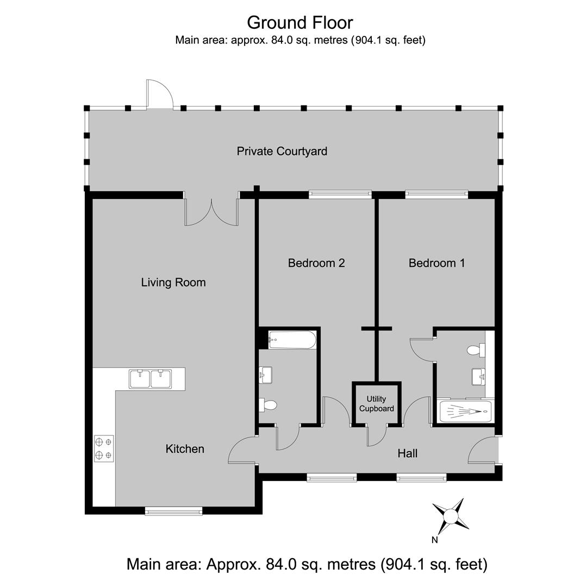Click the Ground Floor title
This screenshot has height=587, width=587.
point(299,22)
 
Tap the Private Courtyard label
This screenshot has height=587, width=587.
point(282,151)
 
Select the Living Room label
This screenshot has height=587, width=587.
point(173,283)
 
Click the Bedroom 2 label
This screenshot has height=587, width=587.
point(316,263)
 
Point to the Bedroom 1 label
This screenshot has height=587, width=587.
point(437,263)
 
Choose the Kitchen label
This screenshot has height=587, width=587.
point(185,449)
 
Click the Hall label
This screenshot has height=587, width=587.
point(408,453)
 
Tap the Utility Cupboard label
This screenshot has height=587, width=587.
point(376,404)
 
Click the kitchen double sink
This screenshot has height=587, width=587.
point(150,378)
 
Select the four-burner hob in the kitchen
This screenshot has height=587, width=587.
point(104,448)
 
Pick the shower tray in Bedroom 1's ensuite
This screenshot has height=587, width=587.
point(466,411)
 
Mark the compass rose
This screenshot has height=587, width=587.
point(451,515)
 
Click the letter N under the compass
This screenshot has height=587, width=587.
point(434,540)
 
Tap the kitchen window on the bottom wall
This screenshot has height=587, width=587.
point(173,510)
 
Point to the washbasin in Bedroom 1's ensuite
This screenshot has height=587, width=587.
point(478,376)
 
